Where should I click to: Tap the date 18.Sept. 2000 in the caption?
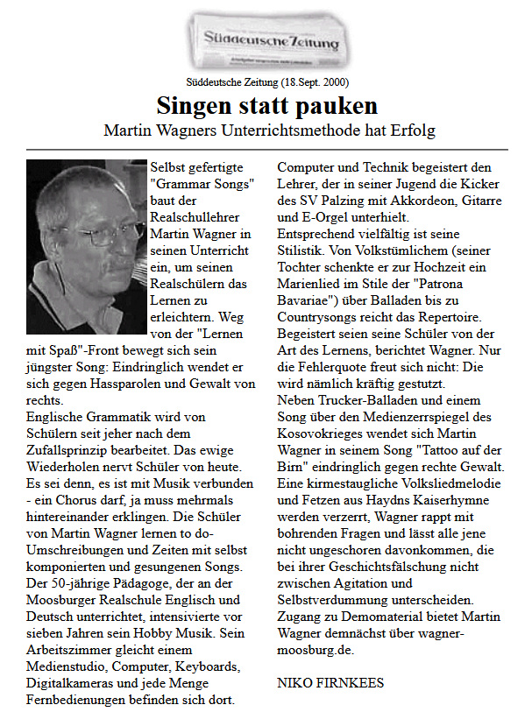(314, 82)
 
